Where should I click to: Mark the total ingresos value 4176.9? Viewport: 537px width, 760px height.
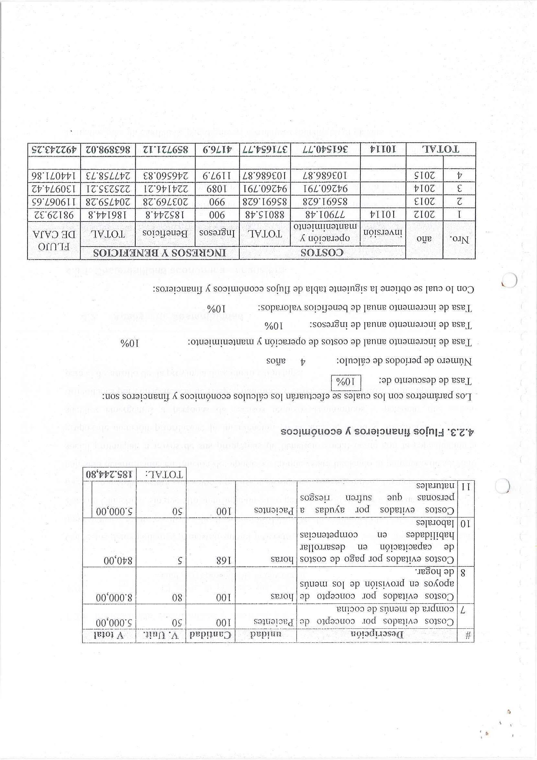coord(217,149)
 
